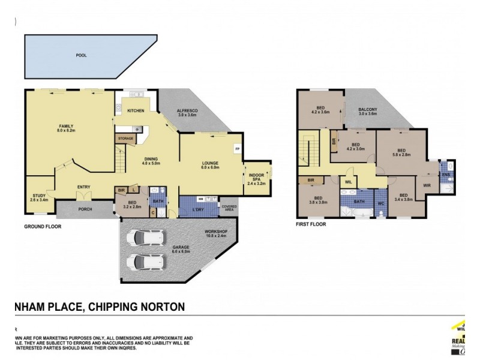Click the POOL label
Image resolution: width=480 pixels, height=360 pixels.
pos(81,55)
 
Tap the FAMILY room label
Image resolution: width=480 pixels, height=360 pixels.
pos(66,126)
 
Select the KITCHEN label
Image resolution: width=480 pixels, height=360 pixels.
pos(136,111)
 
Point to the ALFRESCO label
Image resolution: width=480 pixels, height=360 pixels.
pos(188,111)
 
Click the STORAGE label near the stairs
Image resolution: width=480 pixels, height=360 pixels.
pos(125,139)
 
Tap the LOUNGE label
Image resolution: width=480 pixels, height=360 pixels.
pos(210,163)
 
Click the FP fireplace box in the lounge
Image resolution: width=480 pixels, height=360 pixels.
pos(237,149)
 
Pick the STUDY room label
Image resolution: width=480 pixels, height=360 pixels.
pos(39,196)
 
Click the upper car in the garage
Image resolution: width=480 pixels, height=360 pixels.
pos(143,239)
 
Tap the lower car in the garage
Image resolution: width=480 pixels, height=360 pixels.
pos(143,262)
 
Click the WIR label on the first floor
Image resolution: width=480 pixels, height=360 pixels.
pos(427,185)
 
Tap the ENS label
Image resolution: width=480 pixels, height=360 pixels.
pos(445,175)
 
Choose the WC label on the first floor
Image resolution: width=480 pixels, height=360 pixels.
pos(381,203)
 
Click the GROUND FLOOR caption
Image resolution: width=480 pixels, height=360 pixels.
pos(43,227)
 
